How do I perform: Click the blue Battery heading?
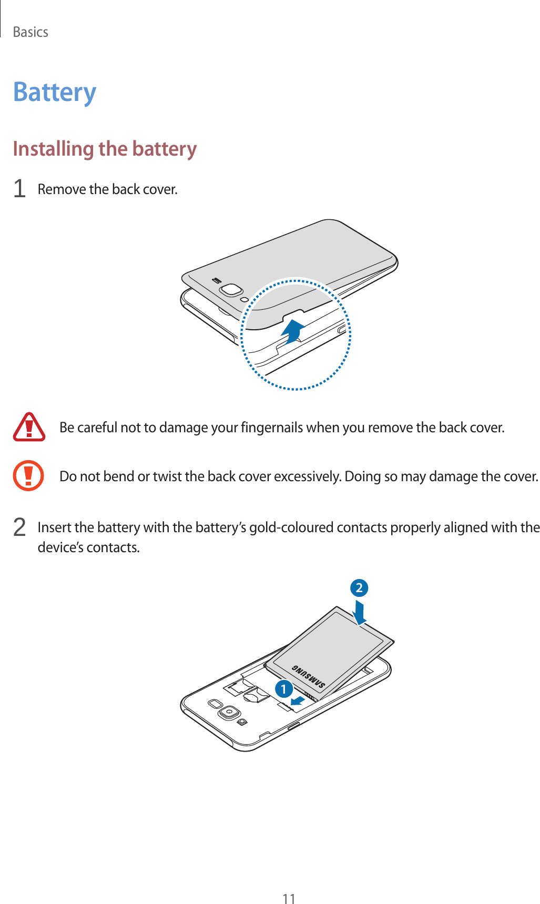tap(55, 92)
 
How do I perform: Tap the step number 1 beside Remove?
tap(19, 189)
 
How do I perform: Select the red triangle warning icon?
tap(29, 427)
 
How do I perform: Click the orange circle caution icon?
tap(28, 475)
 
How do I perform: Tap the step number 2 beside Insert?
tap(19, 527)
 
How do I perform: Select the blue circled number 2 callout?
tap(359, 588)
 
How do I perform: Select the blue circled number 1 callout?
tap(284, 689)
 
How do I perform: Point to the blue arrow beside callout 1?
tap(298, 700)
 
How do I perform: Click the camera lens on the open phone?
tap(228, 713)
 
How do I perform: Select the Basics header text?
tap(30, 32)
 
